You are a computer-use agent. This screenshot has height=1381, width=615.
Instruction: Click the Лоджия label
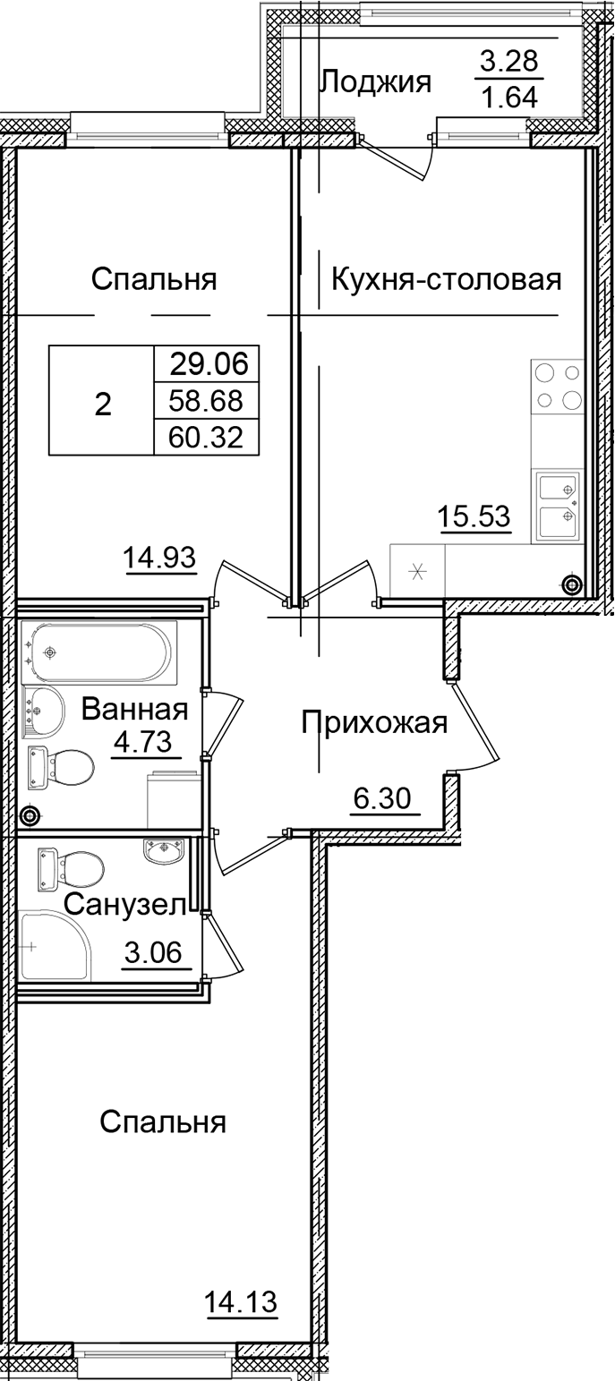(375, 82)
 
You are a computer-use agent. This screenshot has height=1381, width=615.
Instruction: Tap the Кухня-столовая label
(446, 280)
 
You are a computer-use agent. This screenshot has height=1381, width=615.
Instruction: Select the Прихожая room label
(373, 721)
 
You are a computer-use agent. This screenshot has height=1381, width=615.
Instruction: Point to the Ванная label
(135, 711)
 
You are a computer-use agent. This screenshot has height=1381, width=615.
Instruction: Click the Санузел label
(124, 905)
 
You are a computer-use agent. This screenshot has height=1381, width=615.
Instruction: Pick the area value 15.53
(474, 516)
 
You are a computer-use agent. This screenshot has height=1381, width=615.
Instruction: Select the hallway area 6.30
(384, 795)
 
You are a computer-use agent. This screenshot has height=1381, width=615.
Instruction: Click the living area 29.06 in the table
(206, 364)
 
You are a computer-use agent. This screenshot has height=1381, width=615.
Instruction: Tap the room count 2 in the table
(103, 405)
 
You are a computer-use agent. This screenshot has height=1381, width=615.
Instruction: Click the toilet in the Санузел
(72, 866)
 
